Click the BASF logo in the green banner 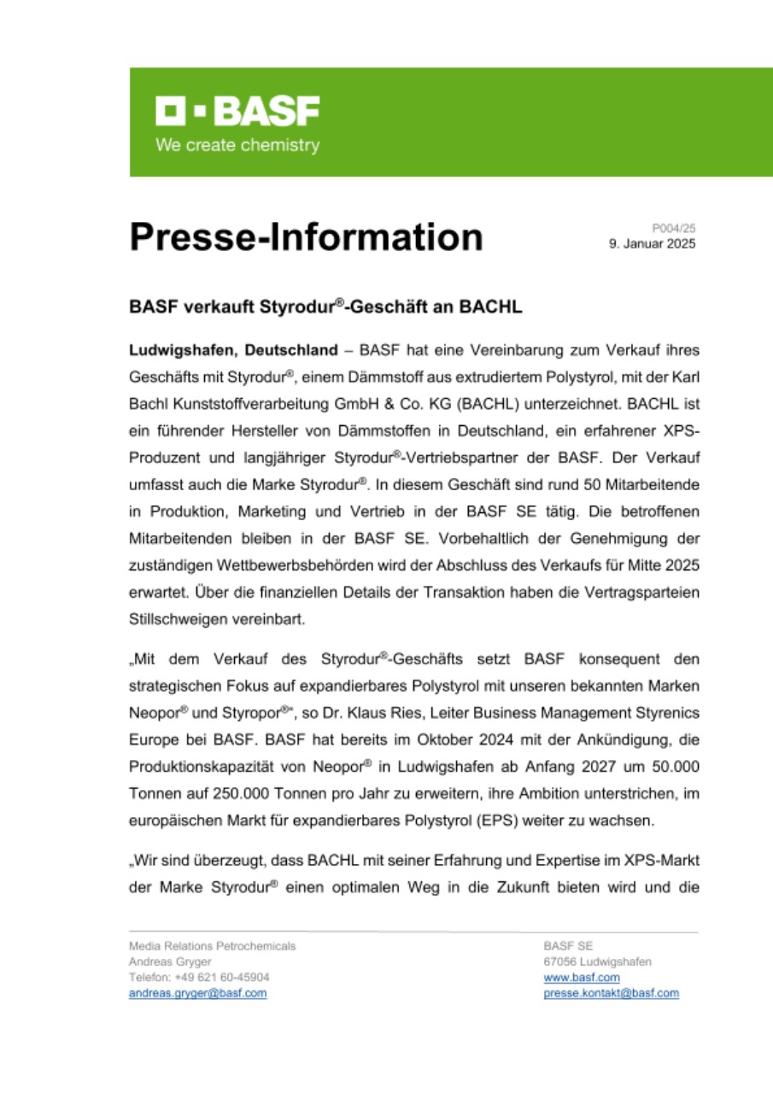237,112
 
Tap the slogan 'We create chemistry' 237,145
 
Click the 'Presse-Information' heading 306,237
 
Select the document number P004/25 674,228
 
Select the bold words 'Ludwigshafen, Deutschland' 233,350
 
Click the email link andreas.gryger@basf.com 197,993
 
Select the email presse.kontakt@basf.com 611,993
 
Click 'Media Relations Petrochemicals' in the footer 212,946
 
